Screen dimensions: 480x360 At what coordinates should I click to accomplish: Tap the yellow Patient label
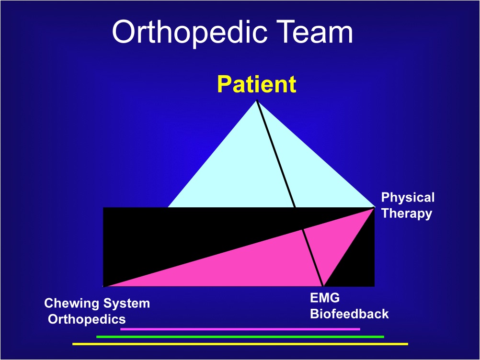257,84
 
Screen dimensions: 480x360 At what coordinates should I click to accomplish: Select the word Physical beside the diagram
408,198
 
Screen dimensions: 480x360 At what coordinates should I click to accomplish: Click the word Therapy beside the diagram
407,214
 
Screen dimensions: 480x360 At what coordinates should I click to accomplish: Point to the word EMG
325,298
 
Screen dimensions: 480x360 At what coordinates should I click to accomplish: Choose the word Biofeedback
349,314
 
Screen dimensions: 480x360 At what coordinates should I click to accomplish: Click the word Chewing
72,304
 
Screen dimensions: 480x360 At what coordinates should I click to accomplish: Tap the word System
126,304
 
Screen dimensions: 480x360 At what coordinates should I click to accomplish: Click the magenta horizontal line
240,329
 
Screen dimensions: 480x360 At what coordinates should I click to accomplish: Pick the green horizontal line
240,337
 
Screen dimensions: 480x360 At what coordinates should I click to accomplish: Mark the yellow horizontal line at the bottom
240,344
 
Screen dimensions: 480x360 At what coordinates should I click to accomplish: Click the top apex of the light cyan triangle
257,101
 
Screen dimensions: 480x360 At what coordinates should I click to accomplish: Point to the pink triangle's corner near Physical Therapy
374,208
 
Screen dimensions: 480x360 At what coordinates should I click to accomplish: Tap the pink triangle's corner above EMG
323,286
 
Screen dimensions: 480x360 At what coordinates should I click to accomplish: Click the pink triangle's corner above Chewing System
104,287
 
